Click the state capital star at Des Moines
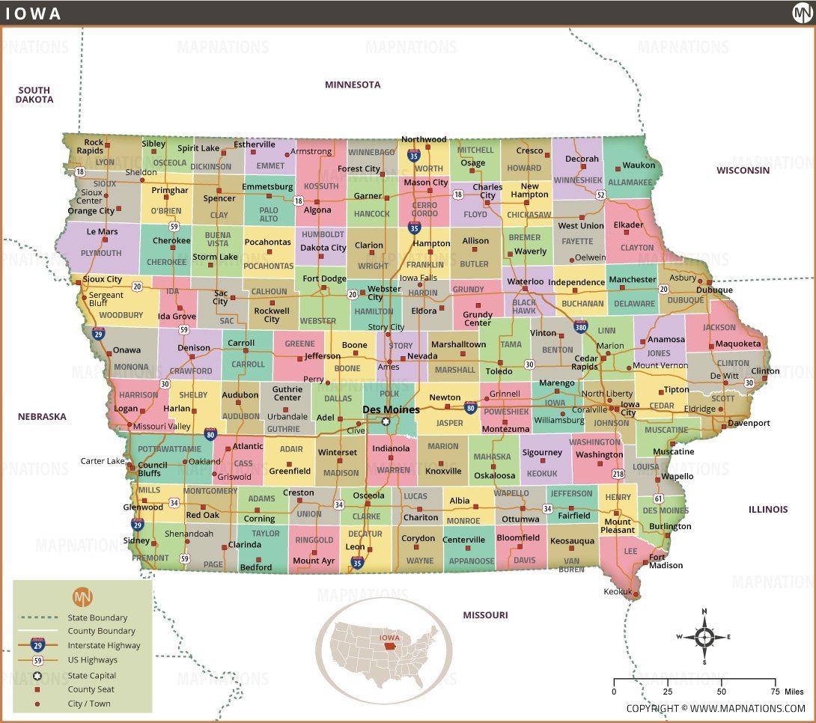click(x=386, y=422)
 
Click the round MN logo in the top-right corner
click(x=802, y=13)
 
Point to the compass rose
click(x=704, y=638)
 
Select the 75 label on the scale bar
click(x=775, y=692)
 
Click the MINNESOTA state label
click(x=353, y=85)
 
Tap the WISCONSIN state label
click(x=743, y=170)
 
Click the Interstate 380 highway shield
click(x=581, y=327)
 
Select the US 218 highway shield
click(x=618, y=474)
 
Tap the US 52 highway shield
click(x=600, y=195)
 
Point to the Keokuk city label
click(x=618, y=592)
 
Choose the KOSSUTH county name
click(x=320, y=186)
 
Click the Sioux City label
click(x=103, y=279)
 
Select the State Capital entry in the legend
click(x=93, y=676)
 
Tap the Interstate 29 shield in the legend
click(x=37, y=644)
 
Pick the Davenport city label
click(x=749, y=423)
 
